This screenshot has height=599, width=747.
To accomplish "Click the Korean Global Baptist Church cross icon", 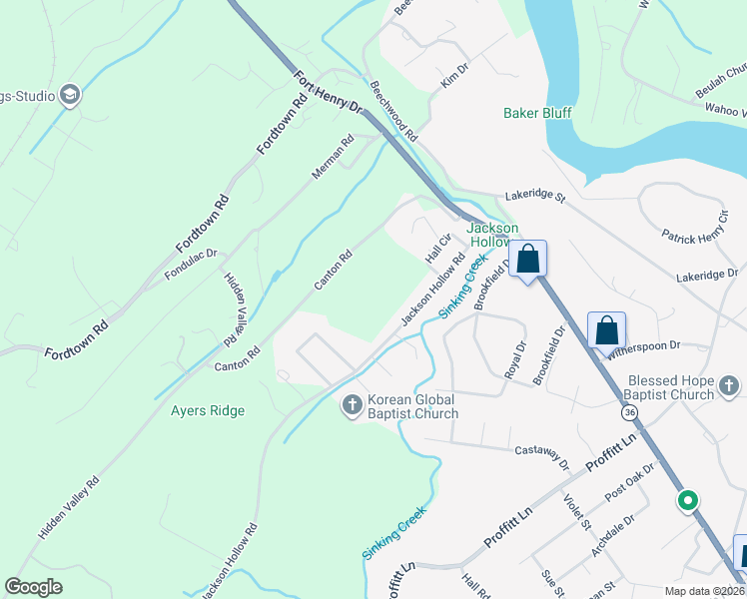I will pos(352,405).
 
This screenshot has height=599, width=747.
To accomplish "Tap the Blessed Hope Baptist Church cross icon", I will pos(730,386).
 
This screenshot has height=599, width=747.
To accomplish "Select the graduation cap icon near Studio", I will pos(69,96).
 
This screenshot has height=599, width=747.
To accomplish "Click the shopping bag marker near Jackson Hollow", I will pos(528,260).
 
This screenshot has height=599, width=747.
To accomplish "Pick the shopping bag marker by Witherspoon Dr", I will pos(607,328).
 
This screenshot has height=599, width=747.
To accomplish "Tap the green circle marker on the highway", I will pos(687,500).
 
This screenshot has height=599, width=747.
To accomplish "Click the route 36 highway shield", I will pos(628,412).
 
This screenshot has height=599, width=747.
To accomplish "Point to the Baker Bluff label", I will pos(537,113).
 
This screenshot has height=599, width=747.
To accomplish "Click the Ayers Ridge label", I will pos(207,410).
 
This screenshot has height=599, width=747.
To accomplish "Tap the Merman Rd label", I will pos(333,157).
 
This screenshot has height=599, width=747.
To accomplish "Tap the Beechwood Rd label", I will pos(392,111).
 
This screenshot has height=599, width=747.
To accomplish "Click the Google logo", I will pos(34,587).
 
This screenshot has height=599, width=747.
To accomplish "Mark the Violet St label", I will pos(577,513).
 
